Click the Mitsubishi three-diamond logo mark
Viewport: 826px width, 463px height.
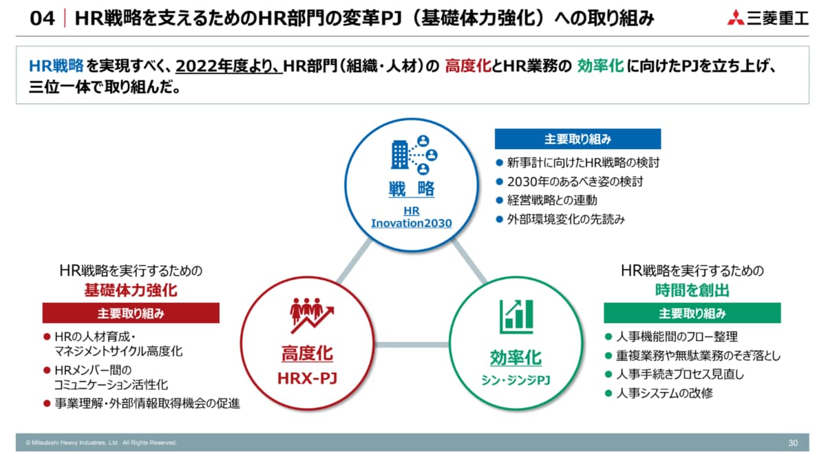735,18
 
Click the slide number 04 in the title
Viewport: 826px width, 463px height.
43,19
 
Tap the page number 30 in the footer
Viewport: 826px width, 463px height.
793,443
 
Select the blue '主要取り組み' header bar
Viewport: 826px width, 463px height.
578,139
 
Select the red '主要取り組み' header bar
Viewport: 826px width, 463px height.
131,313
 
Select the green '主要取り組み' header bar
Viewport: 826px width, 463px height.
692,313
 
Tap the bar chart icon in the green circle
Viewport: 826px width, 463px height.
516,316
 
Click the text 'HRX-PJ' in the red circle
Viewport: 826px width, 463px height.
307,378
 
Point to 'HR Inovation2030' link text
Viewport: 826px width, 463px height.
412,217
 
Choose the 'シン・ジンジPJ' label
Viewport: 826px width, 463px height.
516,380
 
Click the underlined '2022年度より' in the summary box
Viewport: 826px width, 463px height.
228,66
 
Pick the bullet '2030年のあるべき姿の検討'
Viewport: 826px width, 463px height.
575,182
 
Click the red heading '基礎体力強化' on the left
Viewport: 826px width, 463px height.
131,290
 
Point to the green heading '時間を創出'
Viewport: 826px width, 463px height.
692,290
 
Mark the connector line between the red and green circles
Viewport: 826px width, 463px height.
412,345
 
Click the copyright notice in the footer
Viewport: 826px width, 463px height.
101,443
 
